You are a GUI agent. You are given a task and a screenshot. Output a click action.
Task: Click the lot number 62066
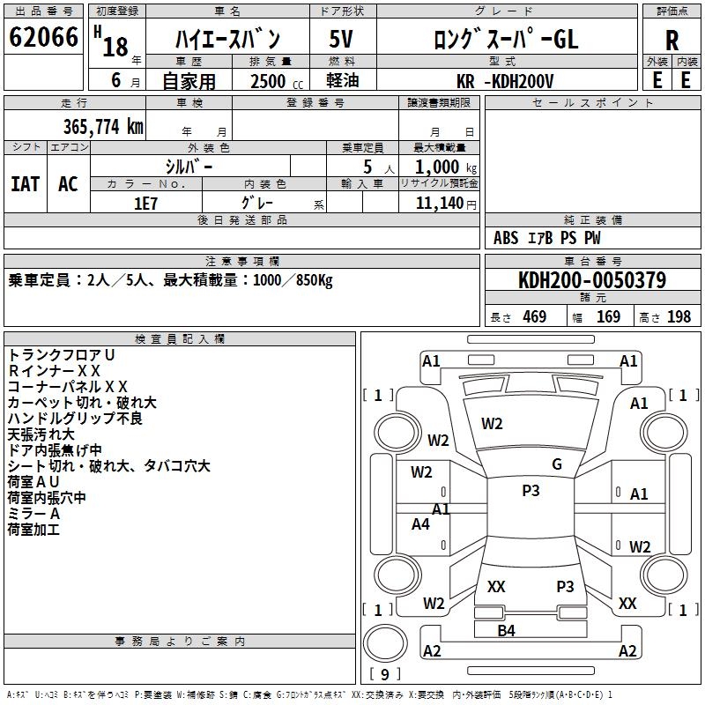pos(43,38)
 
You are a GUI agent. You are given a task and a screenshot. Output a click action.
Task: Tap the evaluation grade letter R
pos(672,39)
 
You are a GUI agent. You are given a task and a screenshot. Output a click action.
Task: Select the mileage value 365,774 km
pos(102,126)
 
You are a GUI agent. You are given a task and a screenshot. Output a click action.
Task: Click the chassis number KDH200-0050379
pos(591,280)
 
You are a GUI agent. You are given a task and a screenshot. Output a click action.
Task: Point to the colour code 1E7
pos(145,202)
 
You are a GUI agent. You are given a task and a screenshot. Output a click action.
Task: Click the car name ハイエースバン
pos(227,39)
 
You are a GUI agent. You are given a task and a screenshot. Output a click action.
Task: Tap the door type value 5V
pos(342,39)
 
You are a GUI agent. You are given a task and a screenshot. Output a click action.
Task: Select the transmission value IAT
pos(26,183)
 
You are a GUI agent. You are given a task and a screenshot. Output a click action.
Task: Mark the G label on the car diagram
pos(556,464)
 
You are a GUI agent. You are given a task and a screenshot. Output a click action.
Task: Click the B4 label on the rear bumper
pos(506,630)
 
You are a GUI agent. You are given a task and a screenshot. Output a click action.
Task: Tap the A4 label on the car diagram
pos(421,524)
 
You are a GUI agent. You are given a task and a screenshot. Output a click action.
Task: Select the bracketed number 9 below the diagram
pos(385,674)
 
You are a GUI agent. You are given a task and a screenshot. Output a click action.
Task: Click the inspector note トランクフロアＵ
pos(62,354)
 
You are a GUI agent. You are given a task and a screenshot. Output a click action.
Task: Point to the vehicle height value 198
pos(679,316)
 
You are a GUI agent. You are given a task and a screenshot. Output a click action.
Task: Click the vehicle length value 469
pos(533,316)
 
